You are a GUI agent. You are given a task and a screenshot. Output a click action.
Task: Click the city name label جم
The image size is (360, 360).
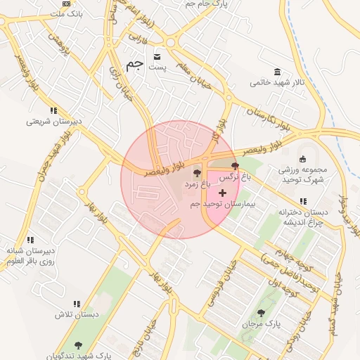click(134, 63)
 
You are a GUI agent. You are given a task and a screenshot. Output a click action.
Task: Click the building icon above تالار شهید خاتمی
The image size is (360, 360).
click(278, 72)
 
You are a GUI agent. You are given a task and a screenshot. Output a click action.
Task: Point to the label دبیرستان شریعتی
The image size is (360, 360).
click(54, 121)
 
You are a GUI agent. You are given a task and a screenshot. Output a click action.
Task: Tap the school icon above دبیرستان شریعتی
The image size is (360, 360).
click(53, 110)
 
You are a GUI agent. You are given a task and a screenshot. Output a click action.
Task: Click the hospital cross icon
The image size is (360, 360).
click(223, 193)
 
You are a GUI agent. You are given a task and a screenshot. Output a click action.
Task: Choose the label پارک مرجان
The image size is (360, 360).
click(262, 324)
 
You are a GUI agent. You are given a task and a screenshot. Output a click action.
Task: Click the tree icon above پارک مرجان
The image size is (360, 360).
click(262, 313)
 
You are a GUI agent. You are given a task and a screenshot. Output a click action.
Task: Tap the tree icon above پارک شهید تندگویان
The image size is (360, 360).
click(77, 345)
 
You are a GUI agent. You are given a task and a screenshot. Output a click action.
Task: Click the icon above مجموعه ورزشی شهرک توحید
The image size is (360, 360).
click(303, 158)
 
